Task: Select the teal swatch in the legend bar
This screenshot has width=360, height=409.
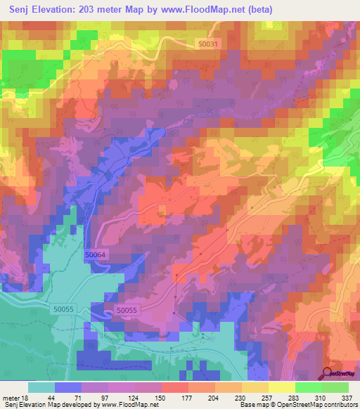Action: coord(41,387)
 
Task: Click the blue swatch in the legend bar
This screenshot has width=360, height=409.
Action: coord(68,387)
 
